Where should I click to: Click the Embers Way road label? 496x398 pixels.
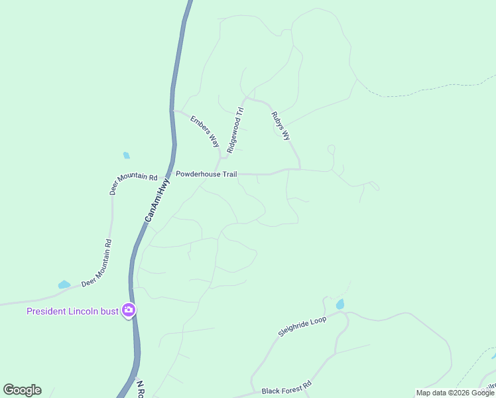tap(205, 131)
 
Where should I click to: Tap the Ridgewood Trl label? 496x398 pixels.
tap(235, 131)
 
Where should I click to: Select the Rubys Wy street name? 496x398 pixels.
tap(281, 125)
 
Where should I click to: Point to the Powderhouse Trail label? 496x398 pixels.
tap(206, 174)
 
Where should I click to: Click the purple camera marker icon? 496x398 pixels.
tap(129, 310)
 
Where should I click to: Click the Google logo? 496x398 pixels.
tap(22, 390)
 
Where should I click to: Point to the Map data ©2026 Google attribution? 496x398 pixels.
tap(455, 393)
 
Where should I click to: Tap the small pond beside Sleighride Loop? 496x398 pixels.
tap(340, 304)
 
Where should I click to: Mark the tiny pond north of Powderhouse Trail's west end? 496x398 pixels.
tap(126, 156)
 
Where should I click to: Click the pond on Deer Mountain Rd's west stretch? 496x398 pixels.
tap(64, 285)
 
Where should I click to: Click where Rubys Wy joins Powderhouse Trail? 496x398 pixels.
tap(300, 169)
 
